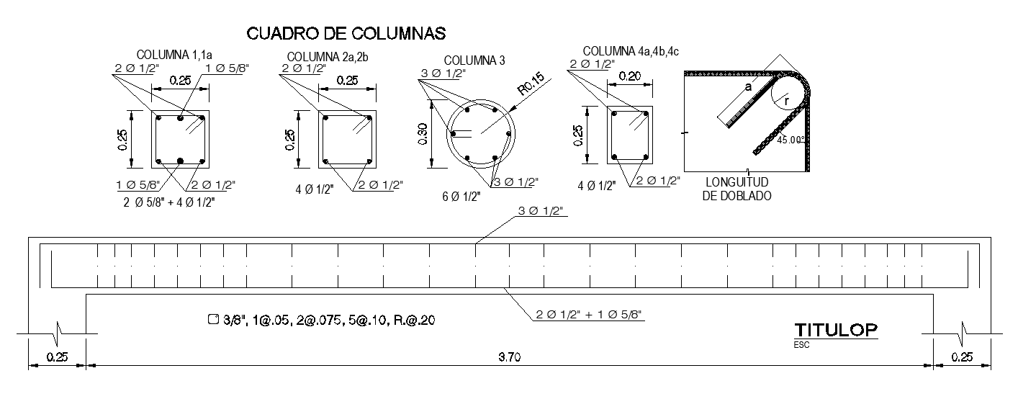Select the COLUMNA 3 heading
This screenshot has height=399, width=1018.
point(474,60)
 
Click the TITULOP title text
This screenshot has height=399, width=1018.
point(836,330)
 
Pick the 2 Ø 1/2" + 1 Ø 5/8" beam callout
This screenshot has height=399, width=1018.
point(589,314)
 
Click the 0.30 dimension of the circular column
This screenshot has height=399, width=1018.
point(424,134)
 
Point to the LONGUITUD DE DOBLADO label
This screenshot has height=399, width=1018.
point(737,189)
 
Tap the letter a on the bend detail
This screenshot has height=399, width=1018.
point(748,86)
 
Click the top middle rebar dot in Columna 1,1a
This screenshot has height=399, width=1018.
point(180,117)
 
